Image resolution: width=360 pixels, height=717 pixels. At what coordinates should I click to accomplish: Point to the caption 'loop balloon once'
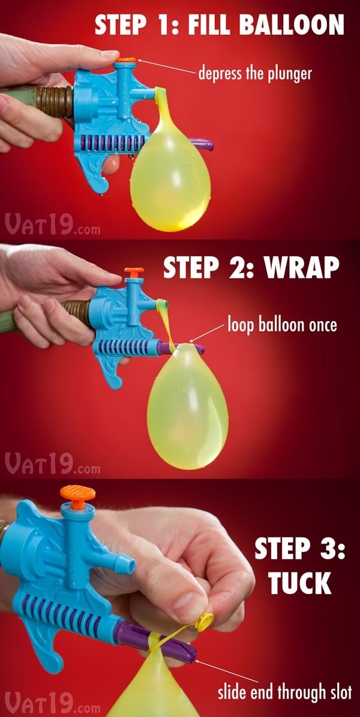[x=282, y=325]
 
